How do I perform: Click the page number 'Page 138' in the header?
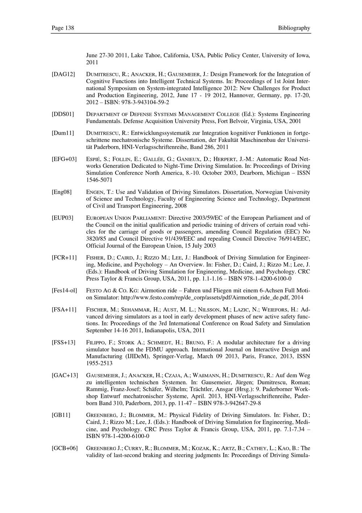point(63,28)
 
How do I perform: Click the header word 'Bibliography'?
point(294,28)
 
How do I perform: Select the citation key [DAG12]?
point(63,74)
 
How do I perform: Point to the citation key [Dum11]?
point(63,133)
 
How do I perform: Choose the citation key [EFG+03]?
point(64,159)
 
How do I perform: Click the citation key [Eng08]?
point(62,192)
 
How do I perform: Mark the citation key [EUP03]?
point(63,218)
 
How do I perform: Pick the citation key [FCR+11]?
point(64,258)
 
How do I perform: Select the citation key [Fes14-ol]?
point(64,291)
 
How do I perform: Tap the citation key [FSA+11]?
point(64,309)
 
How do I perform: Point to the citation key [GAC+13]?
point(65,375)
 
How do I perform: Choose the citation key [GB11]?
point(61,415)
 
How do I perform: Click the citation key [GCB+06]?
point(65,448)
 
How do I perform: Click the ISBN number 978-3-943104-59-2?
point(140,102)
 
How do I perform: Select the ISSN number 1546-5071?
point(99,180)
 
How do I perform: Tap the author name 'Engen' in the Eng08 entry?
point(94,192)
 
